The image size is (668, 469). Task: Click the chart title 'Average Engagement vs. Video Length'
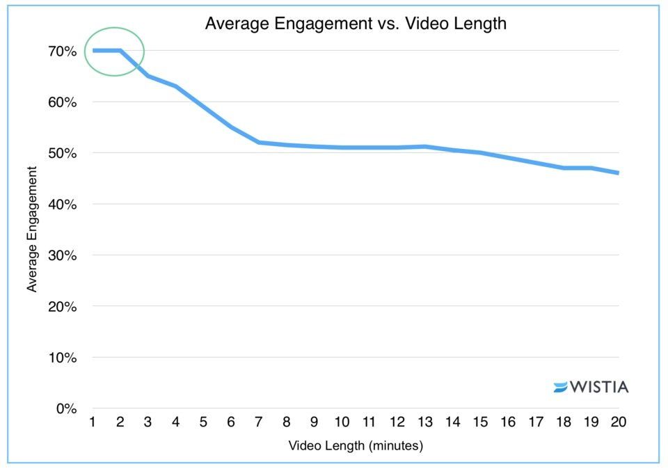tap(356, 24)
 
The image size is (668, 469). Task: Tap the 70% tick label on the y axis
tap(63, 51)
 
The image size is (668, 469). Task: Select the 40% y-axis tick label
tap(63, 205)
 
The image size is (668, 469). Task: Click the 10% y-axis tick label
tap(63, 358)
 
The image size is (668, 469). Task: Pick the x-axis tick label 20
tap(618, 422)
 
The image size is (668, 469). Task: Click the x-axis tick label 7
tap(259, 422)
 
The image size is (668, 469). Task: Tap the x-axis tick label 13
tap(424, 422)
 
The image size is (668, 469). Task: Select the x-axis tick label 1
tap(93, 422)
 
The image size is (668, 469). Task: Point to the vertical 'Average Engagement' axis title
tap(32, 230)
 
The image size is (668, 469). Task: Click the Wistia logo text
tap(599, 387)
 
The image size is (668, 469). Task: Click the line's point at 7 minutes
tap(259, 142)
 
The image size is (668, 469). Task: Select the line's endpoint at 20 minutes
tap(618, 173)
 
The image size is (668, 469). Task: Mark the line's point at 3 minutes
tap(148, 76)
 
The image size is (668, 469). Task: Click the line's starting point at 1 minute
tap(93, 50)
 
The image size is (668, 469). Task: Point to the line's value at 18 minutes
tap(563, 168)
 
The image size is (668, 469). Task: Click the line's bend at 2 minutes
tap(120, 50)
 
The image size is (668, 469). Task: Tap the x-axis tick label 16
tap(507, 422)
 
